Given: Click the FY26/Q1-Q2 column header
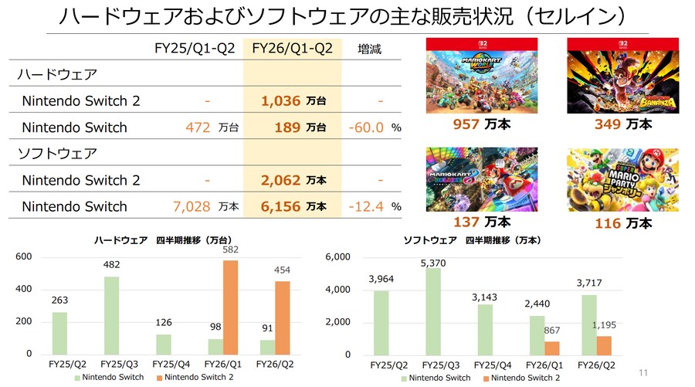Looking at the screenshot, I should coord(292,49).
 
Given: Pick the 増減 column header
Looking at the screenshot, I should coord(369,49).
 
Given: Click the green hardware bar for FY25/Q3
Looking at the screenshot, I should coord(111,315).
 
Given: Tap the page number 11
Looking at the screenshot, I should coord(642,373).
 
